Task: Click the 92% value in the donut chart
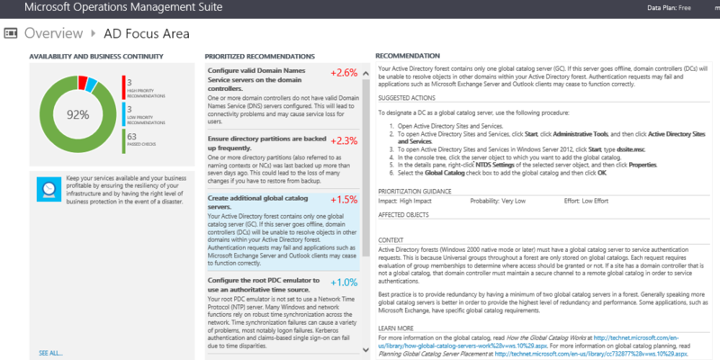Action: (77, 115)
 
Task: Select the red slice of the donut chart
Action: (84, 83)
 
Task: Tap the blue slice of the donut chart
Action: (94, 86)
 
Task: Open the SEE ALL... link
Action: (50, 352)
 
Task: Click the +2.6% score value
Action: (344, 73)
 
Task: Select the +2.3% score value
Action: (344, 140)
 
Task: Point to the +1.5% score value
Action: (344, 199)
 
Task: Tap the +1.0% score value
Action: (344, 282)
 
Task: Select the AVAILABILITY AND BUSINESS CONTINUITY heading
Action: (88, 56)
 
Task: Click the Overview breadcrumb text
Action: (53, 34)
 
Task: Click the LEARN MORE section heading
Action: (397, 328)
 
